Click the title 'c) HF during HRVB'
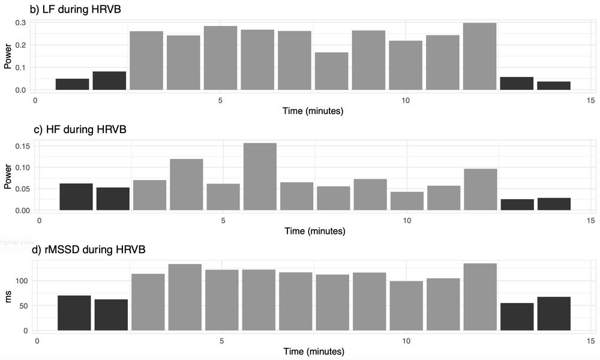point(78,129)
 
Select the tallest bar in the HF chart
point(260,176)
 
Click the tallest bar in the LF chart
point(479,56)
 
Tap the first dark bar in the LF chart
point(72,84)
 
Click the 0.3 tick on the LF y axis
point(21,23)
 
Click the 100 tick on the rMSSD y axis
point(22,281)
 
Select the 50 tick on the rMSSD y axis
point(23,306)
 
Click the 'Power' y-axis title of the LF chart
point(8,57)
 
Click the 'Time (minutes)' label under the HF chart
point(314,231)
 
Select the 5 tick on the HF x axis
point(223,220)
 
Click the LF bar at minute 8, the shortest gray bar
point(332,71)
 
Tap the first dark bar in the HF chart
point(76,197)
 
